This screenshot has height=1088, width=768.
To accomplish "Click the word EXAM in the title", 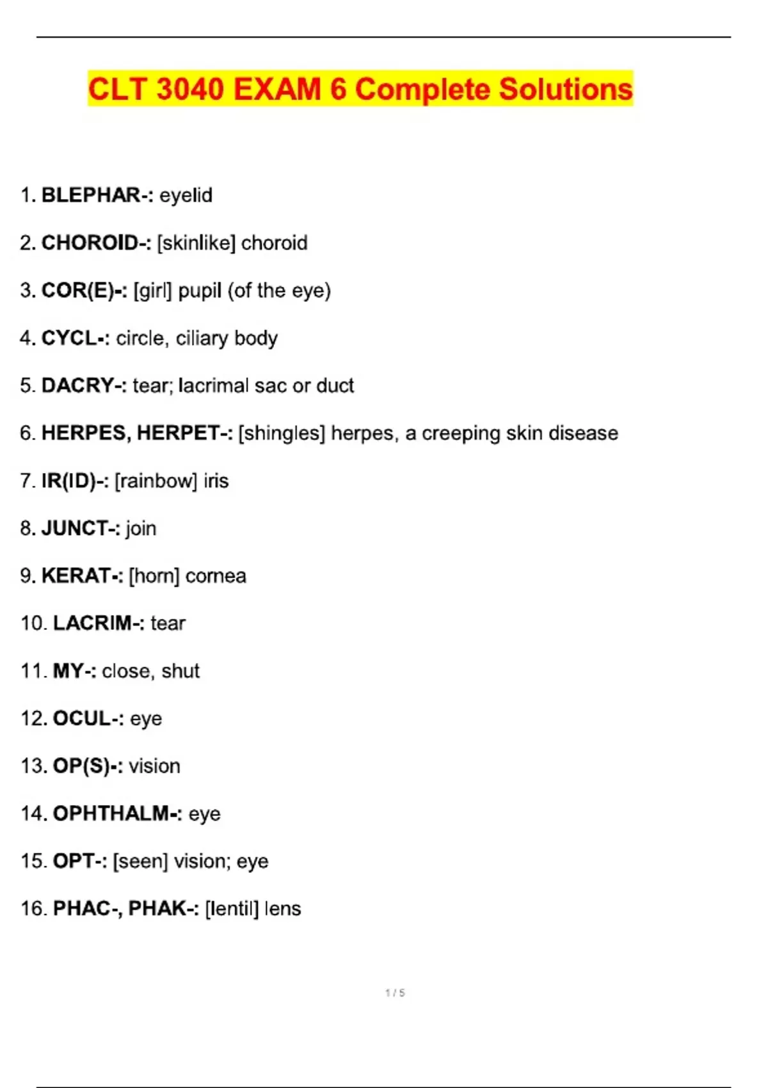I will pyautogui.click(x=276, y=89).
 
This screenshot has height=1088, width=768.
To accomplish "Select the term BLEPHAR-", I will pyautogui.click(x=97, y=195).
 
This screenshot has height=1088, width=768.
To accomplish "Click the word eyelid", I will pyautogui.click(x=186, y=195).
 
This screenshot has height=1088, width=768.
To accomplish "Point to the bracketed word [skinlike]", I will pyautogui.click(x=196, y=243).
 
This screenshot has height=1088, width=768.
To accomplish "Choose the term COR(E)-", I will pyautogui.click(x=84, y=291).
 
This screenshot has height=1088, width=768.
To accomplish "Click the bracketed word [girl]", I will pyautogui.click(x=153, y=291).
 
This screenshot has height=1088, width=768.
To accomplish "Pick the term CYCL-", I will pyautogui.click(x=76, y=338).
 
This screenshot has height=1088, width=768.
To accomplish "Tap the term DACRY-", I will pyautogui.click(x=84, y=385).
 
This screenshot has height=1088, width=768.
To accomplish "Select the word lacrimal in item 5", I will pyautogui.click(x=213, y=385).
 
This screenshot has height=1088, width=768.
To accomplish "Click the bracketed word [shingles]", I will pyautogui.click(x=282, y=433).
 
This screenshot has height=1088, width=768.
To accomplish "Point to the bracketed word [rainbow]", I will pyautogui.click(x=156, y=481).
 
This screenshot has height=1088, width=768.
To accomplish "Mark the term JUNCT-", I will pyautogui.click(x=81, y=528).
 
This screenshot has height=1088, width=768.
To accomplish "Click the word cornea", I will pyautogui.click(x=216, y=576).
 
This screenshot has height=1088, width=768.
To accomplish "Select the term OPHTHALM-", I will pyautogui.click(x=117, y=813).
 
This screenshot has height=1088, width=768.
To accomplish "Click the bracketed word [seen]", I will pyautogui.click(x=140, y=861).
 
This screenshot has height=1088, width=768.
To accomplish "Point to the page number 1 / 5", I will pyautogui.click(x=395, y=993).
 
